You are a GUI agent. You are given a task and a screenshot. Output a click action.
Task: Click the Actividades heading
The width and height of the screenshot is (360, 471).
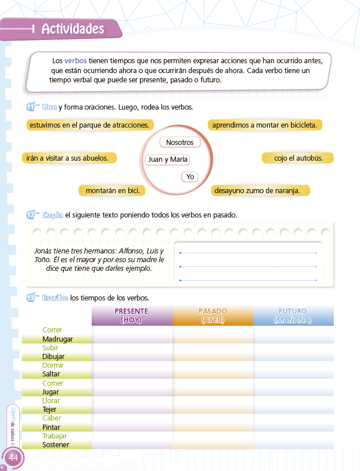[x=73, y=29]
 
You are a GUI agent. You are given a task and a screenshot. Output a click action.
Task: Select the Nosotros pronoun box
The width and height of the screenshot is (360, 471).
[x=179, y=142]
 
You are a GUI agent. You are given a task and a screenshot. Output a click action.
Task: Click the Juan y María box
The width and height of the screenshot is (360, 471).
[x=168, y=160]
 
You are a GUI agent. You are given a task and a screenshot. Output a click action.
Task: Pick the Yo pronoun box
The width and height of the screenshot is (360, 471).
[x=190, y=176]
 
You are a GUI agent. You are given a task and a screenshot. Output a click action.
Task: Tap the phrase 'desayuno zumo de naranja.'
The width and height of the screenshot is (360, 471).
[x=260, y=190]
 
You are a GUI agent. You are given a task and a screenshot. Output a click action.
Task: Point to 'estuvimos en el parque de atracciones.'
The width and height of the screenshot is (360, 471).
[x=90, y=125]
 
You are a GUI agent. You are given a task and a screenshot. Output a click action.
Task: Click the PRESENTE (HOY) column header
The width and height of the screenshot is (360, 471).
[x=132, y=316]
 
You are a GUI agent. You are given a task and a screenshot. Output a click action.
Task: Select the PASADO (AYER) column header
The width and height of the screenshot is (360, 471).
[x=213, y=316]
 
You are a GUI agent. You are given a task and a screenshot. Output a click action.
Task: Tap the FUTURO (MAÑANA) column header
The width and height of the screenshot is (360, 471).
[x=293, y=316]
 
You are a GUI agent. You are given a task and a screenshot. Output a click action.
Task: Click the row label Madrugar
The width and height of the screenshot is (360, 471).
[x=57, y=339]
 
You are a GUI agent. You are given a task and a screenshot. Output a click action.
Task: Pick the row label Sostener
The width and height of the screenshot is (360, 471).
[x=56, y=445]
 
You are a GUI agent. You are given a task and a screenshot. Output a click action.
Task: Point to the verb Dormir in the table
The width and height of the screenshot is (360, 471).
[x=53, y=365]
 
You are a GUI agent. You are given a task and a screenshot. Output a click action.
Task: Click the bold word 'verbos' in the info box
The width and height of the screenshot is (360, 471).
[x=75, y=61]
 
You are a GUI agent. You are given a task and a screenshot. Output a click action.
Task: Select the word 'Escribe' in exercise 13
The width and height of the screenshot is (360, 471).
[x=55, y=298]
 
